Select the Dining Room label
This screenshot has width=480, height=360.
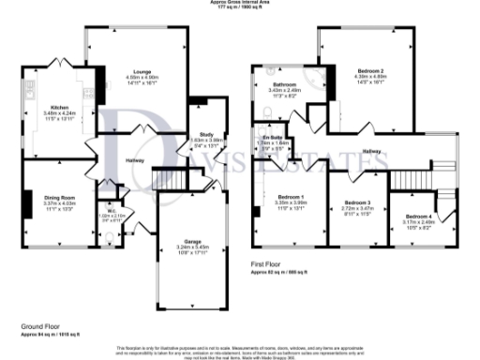pos(57,195)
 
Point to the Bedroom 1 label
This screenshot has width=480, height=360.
pos(292,194)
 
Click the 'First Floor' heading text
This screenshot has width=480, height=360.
pos(268,265)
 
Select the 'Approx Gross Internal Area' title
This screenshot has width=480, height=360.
pos(240,3)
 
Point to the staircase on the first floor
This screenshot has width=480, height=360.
pos(411,175)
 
